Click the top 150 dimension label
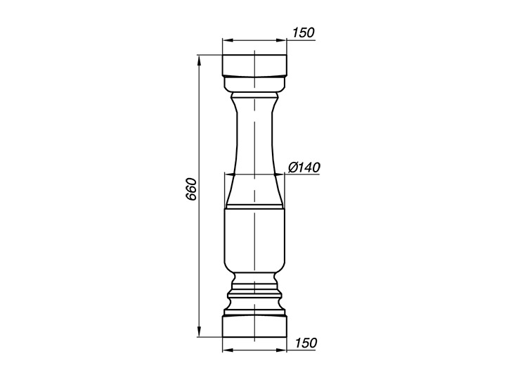pyautogui.click(x=303, y=32)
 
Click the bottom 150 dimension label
pyautogui.click(x=306, y=343)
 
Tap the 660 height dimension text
pyautogui.click(x=191, y=189)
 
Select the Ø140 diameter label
pyautogui.click(x=304, y=167)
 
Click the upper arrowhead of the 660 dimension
pyautogui.click(x=200, y=61)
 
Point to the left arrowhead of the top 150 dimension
pyautogui.click(x=228, y=40)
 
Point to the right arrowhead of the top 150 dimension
pyautogui.click(x=281, y=40)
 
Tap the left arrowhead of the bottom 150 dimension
pyautogui.click(x=228, y=350)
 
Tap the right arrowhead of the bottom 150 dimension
pyautogui.click(x=281, y=350)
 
